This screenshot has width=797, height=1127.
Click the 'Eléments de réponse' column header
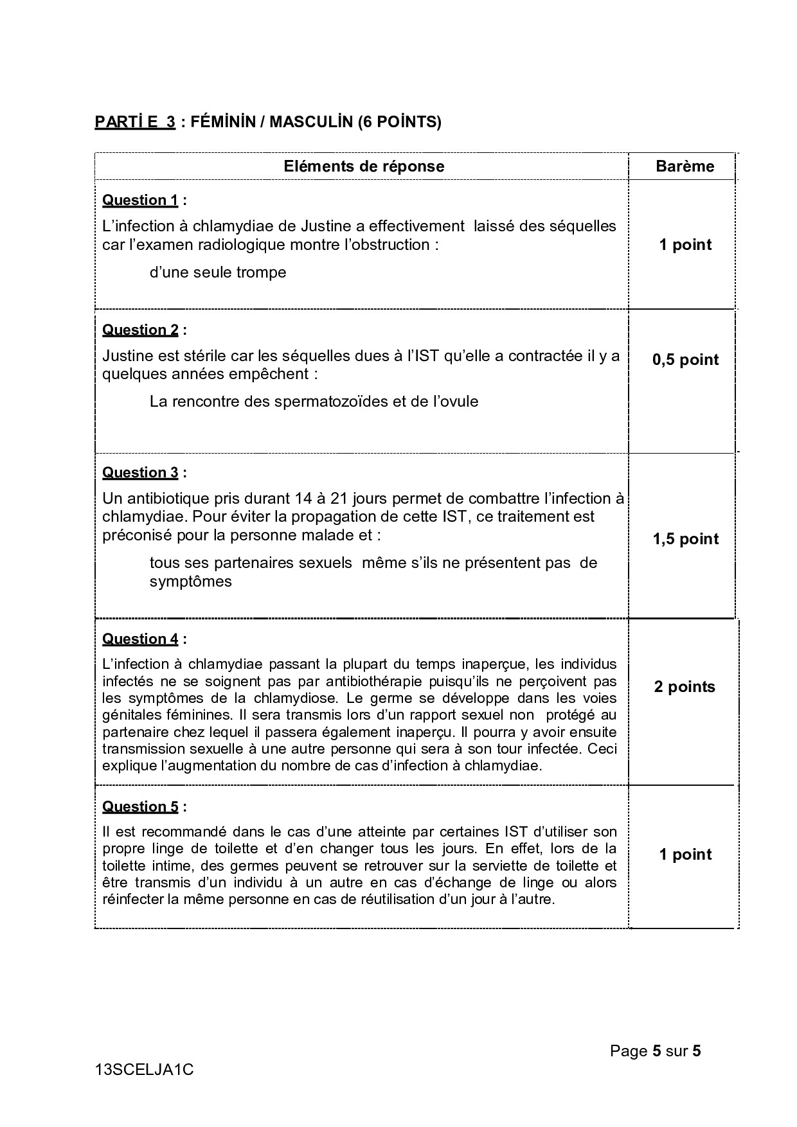point(364,166)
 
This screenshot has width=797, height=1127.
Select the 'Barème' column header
point(685,166)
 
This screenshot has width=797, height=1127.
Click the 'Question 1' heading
point(140,200)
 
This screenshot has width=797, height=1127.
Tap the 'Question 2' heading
point(140,330)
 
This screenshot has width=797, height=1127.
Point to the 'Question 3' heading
point(140,473)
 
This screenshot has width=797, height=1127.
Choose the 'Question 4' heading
point(140,639)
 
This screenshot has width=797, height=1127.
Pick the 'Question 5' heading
point(140,807)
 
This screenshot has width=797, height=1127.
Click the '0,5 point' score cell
point(685,360)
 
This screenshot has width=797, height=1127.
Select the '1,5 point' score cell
point(685,539)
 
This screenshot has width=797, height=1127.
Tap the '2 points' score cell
point(685,687)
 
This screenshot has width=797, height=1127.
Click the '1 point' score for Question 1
point(685,245)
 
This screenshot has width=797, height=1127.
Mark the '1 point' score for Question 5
point(685,855)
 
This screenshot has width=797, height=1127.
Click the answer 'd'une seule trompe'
point(218,272)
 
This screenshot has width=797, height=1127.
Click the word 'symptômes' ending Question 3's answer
point(190,581)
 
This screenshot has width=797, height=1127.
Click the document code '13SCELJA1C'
point(144,1070)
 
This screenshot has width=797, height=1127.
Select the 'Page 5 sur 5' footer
point(655,1051)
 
